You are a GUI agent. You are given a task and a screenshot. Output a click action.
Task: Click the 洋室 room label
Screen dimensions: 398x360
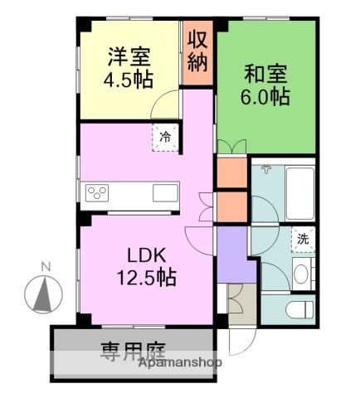129,58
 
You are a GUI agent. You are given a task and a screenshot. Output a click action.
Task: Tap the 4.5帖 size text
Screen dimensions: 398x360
129,81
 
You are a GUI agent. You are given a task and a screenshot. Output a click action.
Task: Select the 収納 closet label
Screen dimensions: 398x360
197,52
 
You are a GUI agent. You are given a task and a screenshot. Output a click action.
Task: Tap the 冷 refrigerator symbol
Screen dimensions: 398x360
166,137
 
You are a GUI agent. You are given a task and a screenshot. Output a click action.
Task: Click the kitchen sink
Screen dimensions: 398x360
164,194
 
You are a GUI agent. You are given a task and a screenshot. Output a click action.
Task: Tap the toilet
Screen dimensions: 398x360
300,311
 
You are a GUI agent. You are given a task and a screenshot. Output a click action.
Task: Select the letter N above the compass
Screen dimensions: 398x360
46,266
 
